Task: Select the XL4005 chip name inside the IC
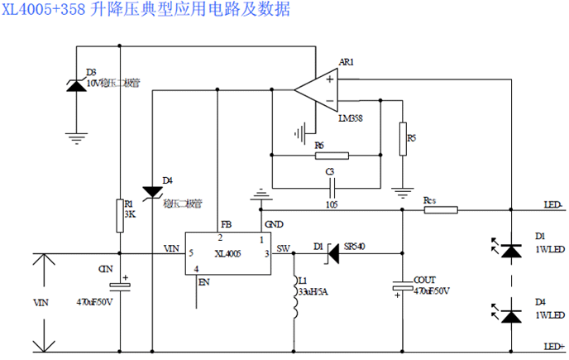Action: (227, 253)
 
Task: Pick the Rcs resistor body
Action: (441, 210)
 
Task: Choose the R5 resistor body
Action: (402, 138)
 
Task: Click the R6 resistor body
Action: (332, 155)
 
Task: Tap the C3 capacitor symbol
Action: (330, 186)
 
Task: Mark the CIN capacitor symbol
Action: (121, 286)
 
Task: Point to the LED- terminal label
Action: (552, 204)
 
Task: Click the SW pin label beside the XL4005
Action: (283, 248)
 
